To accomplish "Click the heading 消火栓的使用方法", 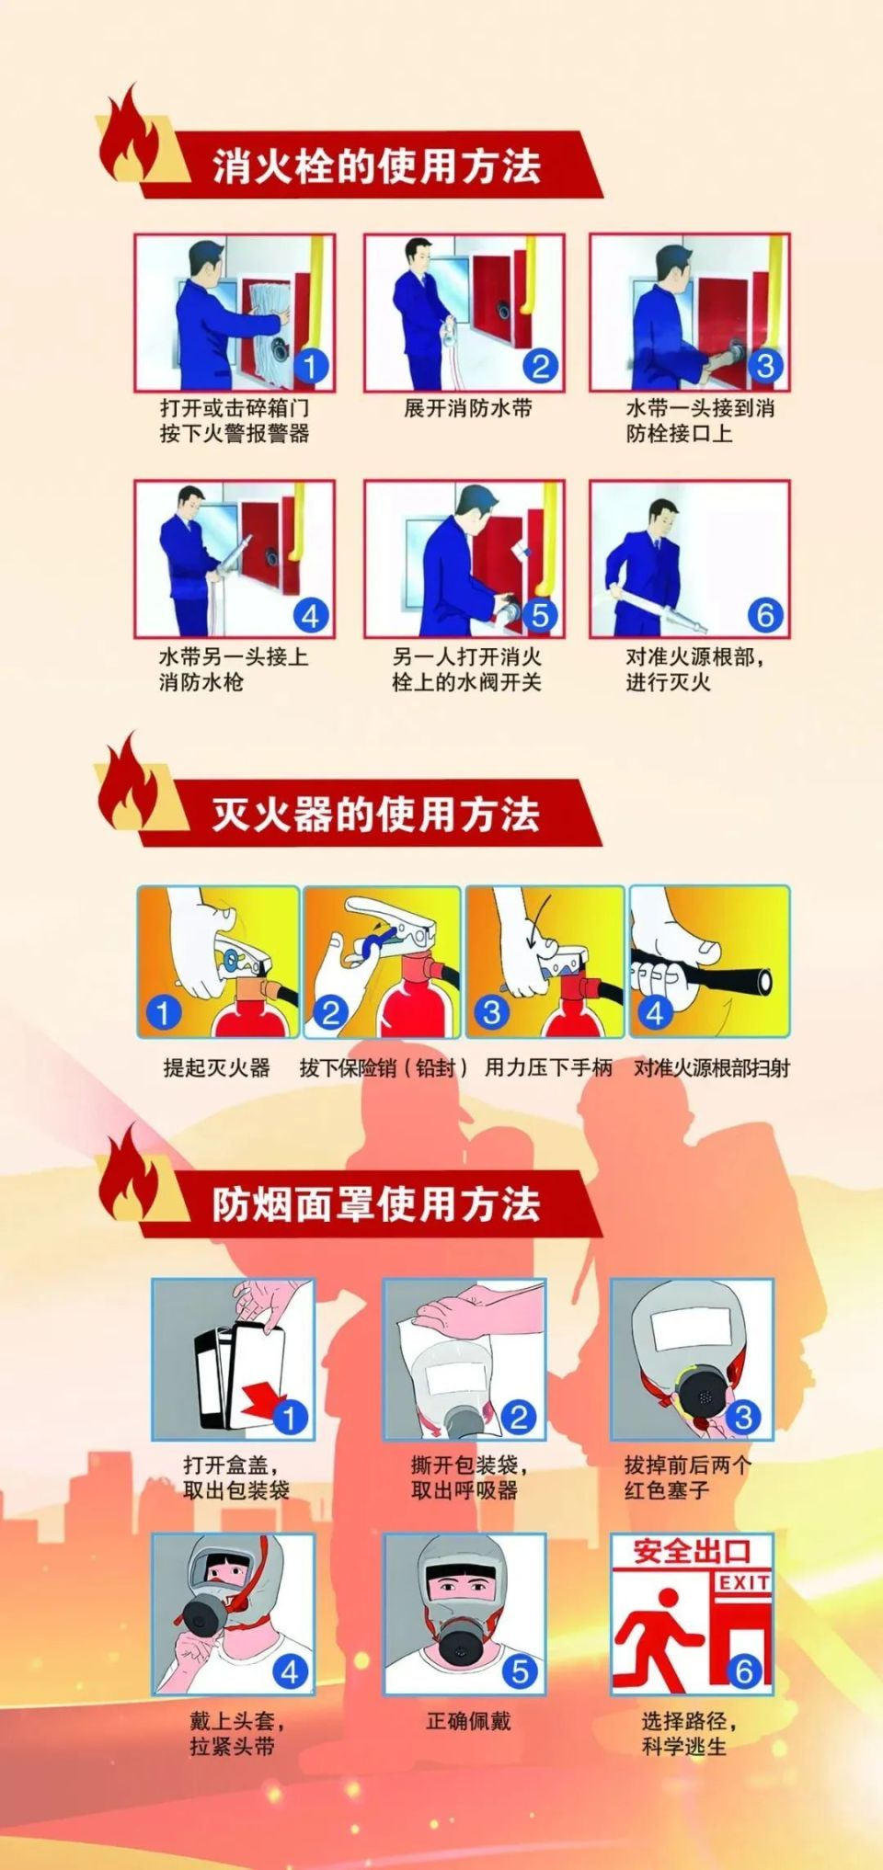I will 376,166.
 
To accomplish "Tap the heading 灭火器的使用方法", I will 376,815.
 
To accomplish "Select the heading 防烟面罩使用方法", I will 376,1204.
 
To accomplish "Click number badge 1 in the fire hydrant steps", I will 310,367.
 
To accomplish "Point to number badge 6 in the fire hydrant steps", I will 765,615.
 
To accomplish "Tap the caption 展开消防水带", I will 468,408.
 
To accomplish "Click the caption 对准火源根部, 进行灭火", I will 694,669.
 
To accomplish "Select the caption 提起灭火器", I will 217,1067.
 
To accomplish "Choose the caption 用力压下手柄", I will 548,1067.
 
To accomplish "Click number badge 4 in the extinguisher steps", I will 654,1013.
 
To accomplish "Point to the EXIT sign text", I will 744,1582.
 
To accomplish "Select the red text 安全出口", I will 692,1552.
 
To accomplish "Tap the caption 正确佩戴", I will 468,1721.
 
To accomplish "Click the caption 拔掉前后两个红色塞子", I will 687,1477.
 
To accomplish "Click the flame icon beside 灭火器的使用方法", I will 129,783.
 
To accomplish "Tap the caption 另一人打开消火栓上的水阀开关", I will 466,669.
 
